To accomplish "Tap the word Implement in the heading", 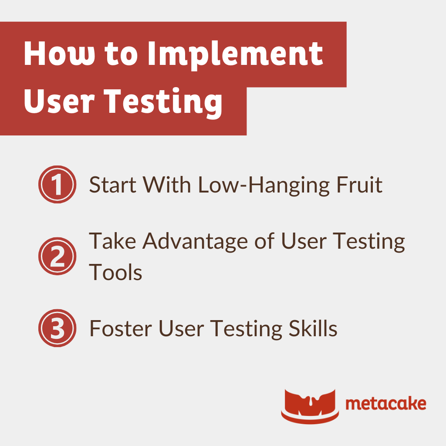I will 235,54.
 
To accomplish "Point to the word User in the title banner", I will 61,101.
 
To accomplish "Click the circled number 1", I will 57,184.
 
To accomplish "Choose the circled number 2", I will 57,257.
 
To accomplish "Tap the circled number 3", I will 57,328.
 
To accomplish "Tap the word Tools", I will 115,272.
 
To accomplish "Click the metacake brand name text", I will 385,404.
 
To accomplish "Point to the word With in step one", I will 168,185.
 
